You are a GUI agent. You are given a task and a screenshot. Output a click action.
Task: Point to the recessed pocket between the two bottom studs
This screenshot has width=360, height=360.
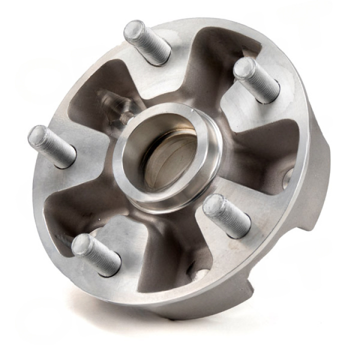click(x=165, y=260)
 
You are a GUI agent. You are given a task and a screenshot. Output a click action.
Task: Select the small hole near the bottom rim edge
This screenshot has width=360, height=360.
click(x=198, y=273)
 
